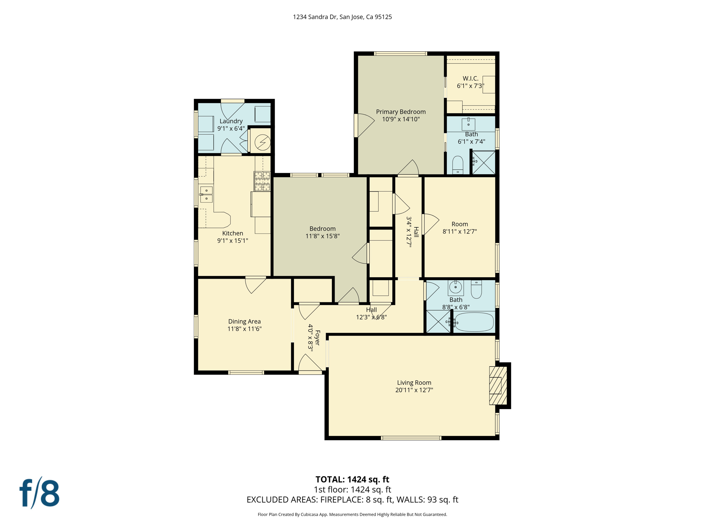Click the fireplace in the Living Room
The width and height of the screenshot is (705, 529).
[498, 385]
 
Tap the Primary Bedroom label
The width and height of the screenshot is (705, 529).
[401, 112]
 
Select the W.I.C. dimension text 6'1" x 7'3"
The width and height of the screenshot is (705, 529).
[470, 86]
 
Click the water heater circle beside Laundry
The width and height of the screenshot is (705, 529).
[262, 142]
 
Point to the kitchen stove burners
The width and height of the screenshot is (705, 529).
[262, 181]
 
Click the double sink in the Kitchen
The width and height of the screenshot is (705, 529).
[206, 195]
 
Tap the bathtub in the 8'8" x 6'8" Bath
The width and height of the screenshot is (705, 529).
[474, 322]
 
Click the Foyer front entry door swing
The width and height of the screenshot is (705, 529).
[310, 363]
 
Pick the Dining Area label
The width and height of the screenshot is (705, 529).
[244, 321]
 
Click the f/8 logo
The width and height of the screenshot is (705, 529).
[40, 493]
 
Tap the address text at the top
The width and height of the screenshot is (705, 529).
[342, 17]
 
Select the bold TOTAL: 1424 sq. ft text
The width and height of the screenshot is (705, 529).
[352, 479]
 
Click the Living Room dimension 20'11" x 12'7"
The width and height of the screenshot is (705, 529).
[414, 390]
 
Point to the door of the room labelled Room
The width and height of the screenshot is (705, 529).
[430, 224]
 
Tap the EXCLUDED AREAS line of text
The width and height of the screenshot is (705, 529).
[352, 500]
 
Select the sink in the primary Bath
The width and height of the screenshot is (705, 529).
[468, 124]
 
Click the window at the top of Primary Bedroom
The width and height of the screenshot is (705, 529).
[400, 54]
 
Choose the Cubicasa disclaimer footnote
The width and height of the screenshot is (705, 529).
[352, 515]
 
